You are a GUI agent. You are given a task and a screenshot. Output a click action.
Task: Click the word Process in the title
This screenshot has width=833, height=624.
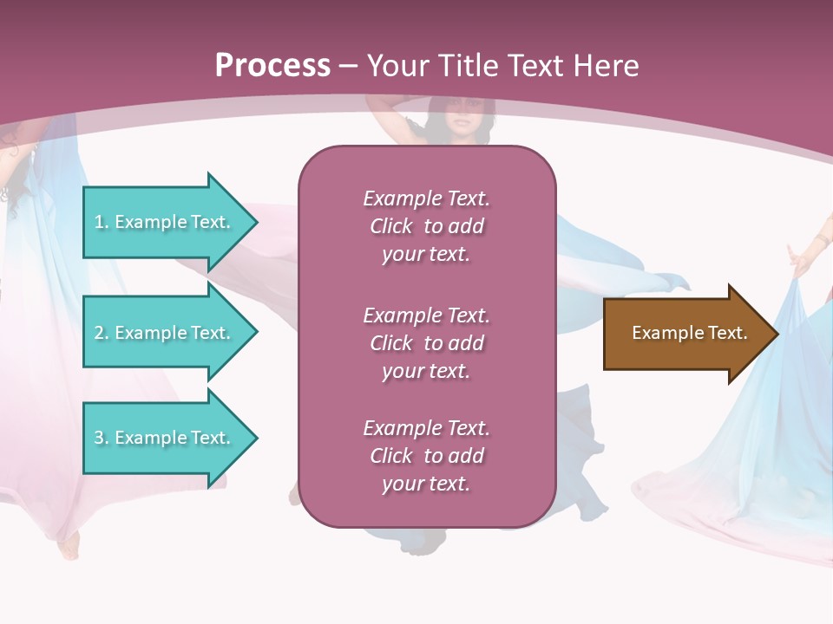pyautogui.click(x=272, y=66)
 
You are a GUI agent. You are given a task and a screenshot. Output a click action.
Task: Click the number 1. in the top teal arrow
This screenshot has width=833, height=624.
pyautogui.click(x=102, y=222)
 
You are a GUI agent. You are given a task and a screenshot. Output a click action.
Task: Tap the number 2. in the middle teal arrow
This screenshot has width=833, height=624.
pyautogui.click(x=102, y=333)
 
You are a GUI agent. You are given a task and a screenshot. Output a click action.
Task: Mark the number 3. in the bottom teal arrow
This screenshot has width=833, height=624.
pyautogui.click(x=102, y=438)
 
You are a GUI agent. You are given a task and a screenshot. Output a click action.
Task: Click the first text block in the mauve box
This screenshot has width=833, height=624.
pyautogui.click(x=426, y=226)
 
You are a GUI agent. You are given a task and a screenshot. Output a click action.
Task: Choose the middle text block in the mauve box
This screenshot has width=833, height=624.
pyautogui.click(x=426, y=343)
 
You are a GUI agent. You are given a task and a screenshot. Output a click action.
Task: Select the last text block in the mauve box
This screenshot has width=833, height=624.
pyautogui.click(x=426, y=456)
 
